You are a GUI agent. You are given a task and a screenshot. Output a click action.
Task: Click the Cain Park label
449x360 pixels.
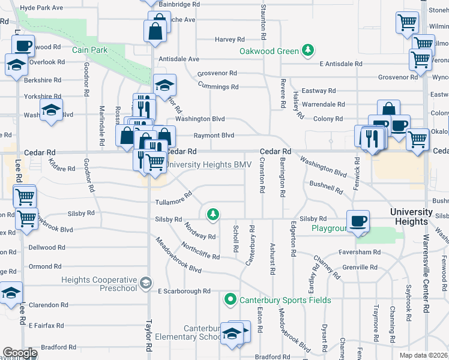tap(90, 50)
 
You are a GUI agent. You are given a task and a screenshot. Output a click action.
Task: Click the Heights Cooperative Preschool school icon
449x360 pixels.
tap(145, 283)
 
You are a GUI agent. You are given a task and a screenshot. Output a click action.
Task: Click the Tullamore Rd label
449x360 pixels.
tap(173, 198)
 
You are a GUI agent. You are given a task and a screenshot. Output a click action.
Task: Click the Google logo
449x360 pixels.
tap(19, 353)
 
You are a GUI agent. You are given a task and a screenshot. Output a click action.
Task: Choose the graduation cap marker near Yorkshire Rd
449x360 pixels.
tap(52, 109)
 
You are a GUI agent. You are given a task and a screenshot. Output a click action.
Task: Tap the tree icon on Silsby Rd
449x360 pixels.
tap(212, 213)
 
